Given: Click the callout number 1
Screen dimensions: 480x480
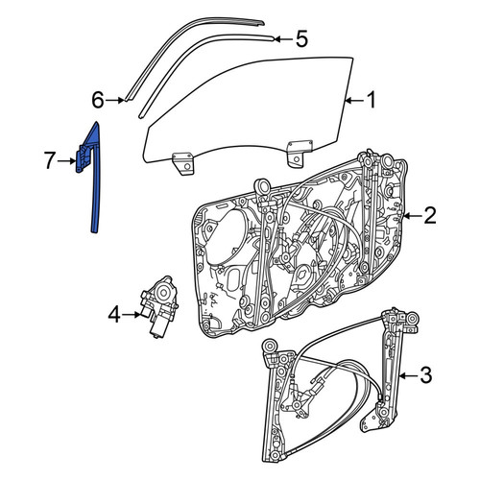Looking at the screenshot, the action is (x=371, y=101).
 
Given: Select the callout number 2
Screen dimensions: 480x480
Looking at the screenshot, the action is (x=429, y=216).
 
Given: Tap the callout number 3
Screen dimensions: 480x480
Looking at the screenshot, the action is (x=425, y=375).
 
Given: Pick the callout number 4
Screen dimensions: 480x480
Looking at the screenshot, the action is (x=114, y=315).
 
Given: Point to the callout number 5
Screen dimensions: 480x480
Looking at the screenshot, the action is (x=301, y=39).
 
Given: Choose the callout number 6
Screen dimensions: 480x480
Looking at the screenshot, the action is (x=98, y=100).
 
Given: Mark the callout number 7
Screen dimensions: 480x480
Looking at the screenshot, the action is (x=49, y=161).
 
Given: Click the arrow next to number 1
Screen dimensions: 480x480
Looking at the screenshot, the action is (x=354, y=101).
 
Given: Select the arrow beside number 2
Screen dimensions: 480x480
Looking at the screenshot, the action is (x=412, y=216).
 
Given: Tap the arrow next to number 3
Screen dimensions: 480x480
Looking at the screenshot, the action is (x=408, y=375).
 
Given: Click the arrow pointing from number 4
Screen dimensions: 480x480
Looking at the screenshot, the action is (x=132, y=315).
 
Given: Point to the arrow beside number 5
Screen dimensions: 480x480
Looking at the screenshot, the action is (x=284, y=39).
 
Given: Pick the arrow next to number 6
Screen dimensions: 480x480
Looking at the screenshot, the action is (x=115, y=101).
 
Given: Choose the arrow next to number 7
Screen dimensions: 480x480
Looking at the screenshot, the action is (x=66, y=161).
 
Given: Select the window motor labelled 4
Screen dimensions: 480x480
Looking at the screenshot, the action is (x=159, y=306).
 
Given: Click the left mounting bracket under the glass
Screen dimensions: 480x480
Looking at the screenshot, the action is (x=183, y=163).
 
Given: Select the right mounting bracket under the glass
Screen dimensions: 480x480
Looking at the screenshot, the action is (x=299, y=153).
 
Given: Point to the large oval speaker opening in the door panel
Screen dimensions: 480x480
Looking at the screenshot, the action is (x=224, y=235).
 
